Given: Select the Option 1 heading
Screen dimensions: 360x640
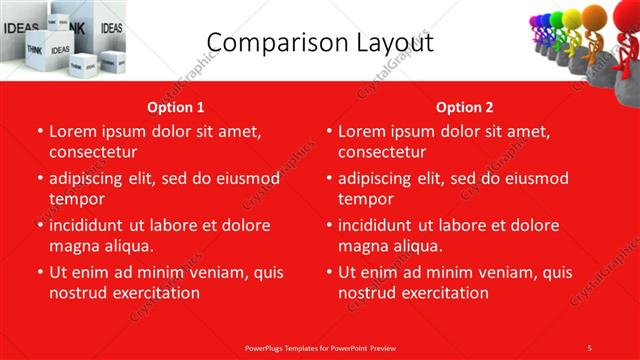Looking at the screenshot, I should click(176, 107).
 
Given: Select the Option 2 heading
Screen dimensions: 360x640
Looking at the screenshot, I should click(464, 107).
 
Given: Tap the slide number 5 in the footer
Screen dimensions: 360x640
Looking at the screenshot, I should click(590, 347).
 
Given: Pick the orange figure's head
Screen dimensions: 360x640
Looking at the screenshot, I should click(598, 18).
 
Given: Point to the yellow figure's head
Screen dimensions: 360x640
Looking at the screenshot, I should click(574, 17).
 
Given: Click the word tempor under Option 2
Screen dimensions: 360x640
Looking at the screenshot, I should click(364, 199).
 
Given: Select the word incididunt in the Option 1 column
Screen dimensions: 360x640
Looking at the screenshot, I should click(89, 225).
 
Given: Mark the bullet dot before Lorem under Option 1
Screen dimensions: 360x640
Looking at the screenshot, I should click(40, 131).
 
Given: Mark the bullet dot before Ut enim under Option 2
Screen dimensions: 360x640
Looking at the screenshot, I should click(329, 272).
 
